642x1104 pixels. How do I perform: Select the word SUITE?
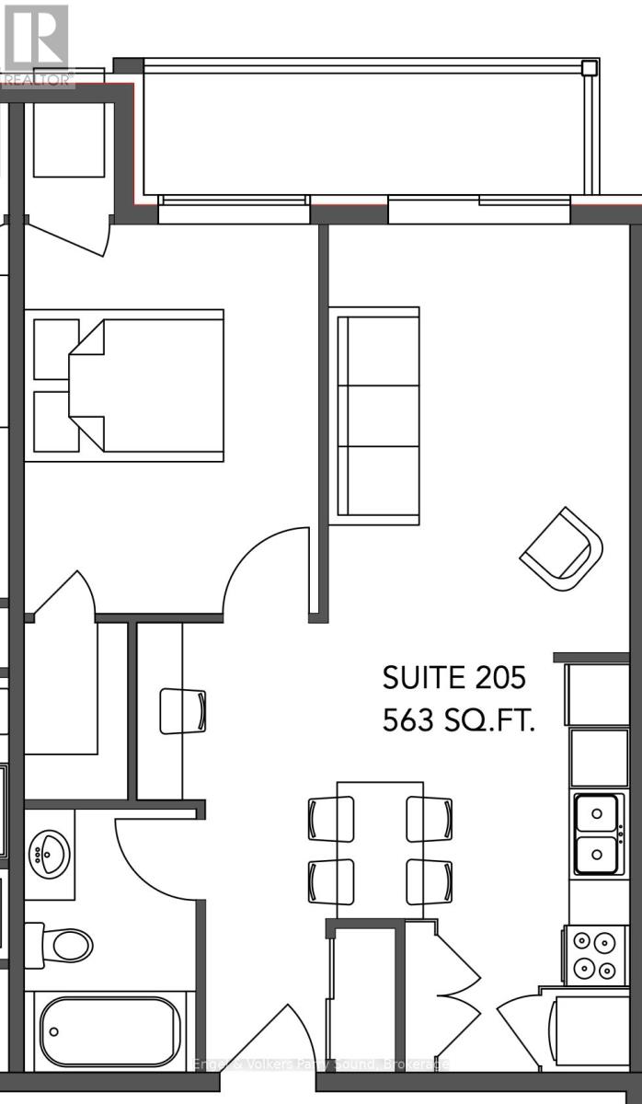click(421, 678)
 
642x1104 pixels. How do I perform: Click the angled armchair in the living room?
click(562, 550)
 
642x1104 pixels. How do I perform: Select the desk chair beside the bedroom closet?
click(184, 710)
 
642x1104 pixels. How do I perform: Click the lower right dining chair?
click(429, 881)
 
